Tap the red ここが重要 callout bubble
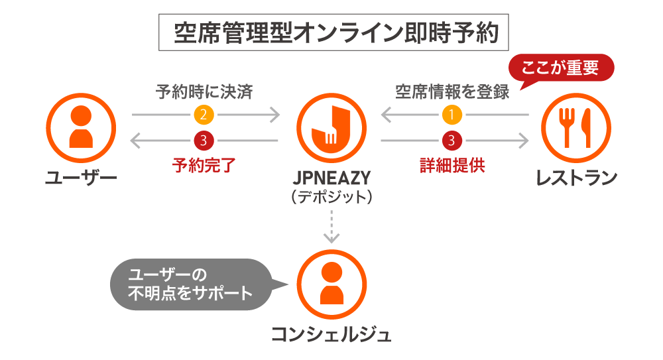pos(561,68)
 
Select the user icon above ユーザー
pos(81,127)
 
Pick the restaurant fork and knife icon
pos(575,127)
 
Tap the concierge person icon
pos(331,284)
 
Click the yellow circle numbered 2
pos(204,115)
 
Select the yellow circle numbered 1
pos(453,115)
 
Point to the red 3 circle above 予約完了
pos(204,141)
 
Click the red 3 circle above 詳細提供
pos(453,141)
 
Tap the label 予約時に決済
pos(204,91)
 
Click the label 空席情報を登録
pos(452,91)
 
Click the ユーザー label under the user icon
pos(81,178)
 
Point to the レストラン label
pos(576,178)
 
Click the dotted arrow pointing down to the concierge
pos(331,225)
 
